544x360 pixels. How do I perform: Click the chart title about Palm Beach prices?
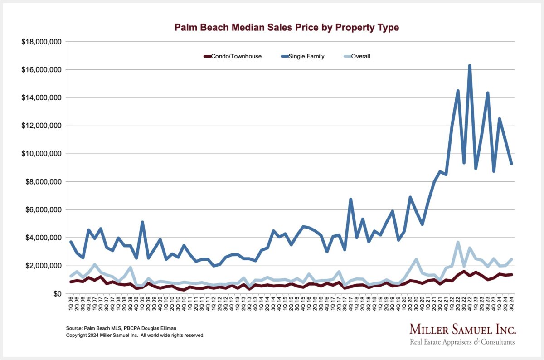287,28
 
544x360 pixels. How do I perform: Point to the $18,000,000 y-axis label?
41,42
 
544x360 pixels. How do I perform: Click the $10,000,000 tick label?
41,154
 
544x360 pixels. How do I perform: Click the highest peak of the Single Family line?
470,66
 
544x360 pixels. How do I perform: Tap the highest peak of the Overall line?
458,243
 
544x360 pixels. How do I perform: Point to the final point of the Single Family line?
511,164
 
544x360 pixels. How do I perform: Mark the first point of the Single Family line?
71,242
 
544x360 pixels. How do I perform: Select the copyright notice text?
135,336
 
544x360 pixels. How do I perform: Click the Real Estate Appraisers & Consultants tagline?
462,342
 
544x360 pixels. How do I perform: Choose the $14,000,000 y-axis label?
41,98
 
